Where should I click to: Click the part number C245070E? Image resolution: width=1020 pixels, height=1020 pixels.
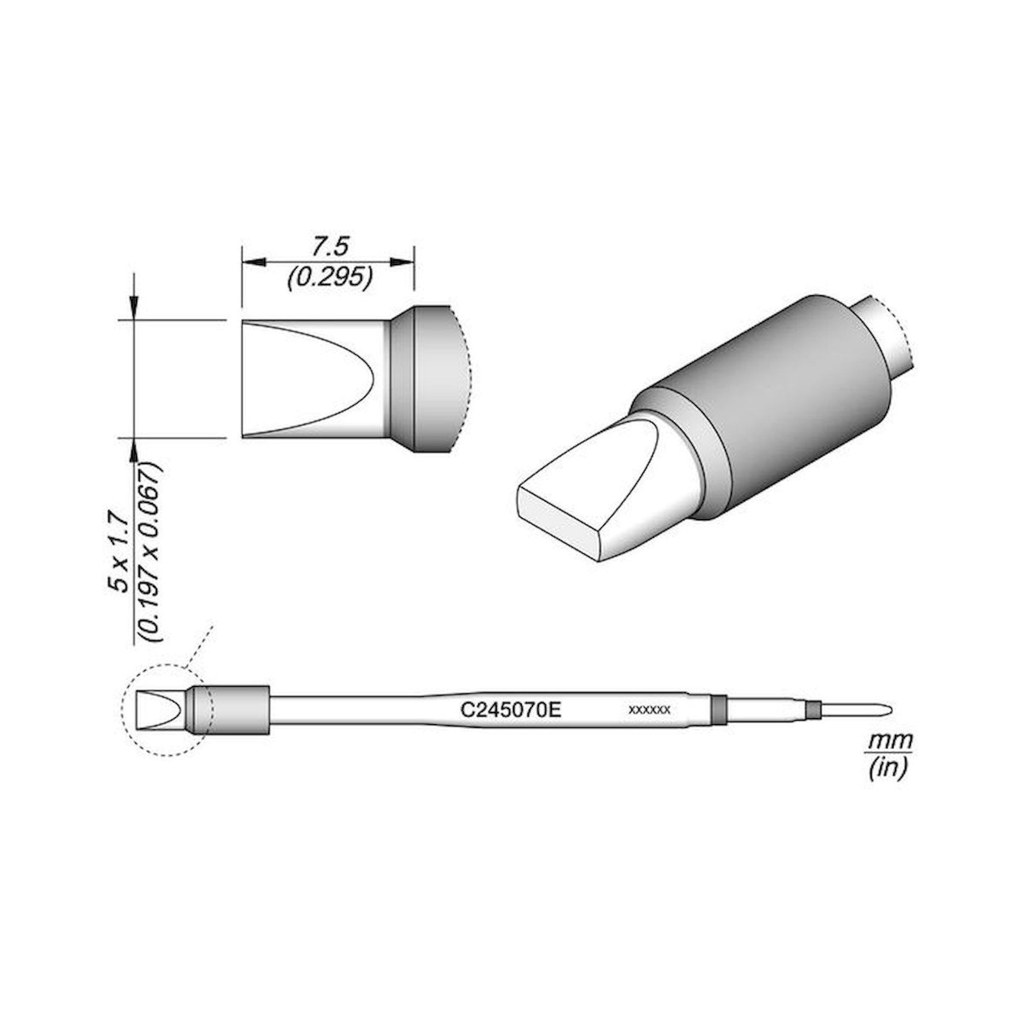510,709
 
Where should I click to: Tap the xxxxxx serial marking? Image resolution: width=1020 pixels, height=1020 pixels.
649,710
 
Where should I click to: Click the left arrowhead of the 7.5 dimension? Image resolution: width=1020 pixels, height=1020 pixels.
252,262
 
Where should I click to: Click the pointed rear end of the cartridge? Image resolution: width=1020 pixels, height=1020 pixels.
888,709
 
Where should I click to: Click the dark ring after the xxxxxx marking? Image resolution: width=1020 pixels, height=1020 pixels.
717,709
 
